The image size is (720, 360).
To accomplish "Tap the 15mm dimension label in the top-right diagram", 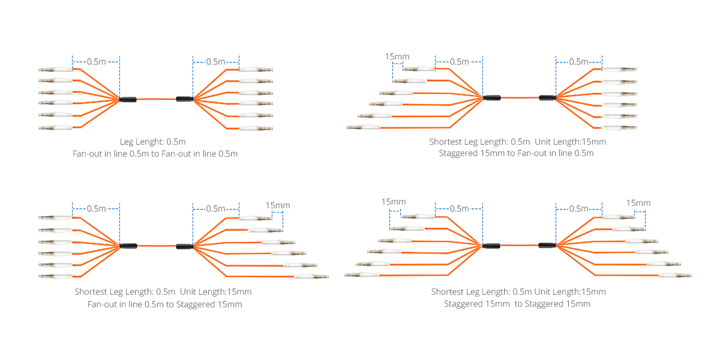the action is coord(397,56).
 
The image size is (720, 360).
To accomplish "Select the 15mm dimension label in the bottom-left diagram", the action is coord(278,205).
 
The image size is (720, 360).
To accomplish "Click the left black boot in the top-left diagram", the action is coord(128,100).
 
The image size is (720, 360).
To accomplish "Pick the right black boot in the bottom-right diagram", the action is coord(547,245).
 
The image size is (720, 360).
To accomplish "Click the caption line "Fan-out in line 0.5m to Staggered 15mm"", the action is coord(164,304).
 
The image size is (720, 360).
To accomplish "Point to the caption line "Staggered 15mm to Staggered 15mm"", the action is coord(517,304).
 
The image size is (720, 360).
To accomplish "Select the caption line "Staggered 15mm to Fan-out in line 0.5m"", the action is coord(516,154).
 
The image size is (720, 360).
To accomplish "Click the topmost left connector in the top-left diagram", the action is coord(56,70).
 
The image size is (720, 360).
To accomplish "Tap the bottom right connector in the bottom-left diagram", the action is coord(311,277).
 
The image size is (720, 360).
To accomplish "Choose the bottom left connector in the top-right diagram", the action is coord(364,128).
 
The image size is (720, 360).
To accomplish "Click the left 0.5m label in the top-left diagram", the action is coord(96,62).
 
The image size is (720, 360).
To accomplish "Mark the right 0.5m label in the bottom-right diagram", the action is coord(578,209).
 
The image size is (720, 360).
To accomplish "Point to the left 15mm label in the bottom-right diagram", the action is coord(394,202).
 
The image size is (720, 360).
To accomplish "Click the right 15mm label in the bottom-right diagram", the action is coord(638,203).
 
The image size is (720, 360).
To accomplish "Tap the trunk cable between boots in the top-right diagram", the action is coord(520,98).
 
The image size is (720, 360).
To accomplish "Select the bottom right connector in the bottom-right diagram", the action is coord(674,275).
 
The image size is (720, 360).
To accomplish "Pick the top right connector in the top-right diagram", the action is coord(619,70).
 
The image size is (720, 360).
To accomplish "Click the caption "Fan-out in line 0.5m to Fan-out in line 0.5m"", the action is coord(155,154).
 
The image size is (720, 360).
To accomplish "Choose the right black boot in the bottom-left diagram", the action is coord(185,247).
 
